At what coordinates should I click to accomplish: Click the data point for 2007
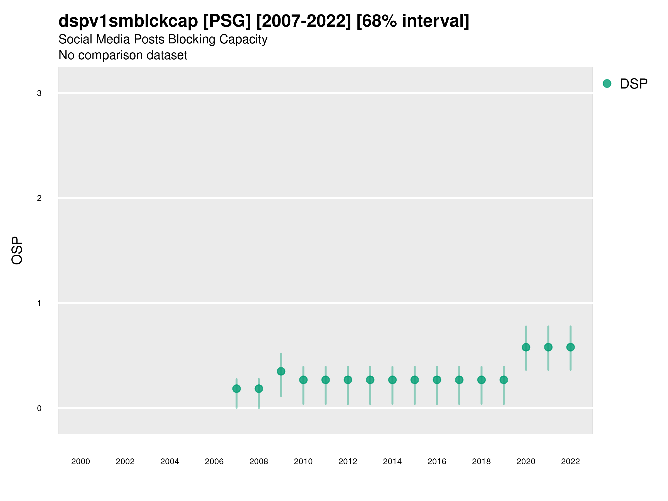coord(237,389)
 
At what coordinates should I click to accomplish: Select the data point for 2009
coord(281,371)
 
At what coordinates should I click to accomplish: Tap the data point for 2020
coord(526,347)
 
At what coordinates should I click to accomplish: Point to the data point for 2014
coord(392,380)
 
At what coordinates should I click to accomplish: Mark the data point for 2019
coord(504,380)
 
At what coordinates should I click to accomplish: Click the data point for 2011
coord(326,380)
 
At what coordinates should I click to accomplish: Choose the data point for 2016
coord(437,380)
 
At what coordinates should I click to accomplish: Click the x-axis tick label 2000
coord(81,461)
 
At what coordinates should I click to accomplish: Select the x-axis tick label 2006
coord(214,461)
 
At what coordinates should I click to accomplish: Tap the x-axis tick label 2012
coord(348,461)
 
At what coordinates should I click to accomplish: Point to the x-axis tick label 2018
coord(481,461)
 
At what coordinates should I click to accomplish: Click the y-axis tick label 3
coord(39,93)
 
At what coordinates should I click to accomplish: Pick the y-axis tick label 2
coord(39,198)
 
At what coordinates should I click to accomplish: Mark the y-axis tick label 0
coord(39,408)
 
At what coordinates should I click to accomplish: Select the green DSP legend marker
coord(607,84)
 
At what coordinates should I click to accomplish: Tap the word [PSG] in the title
coord(227,21)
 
